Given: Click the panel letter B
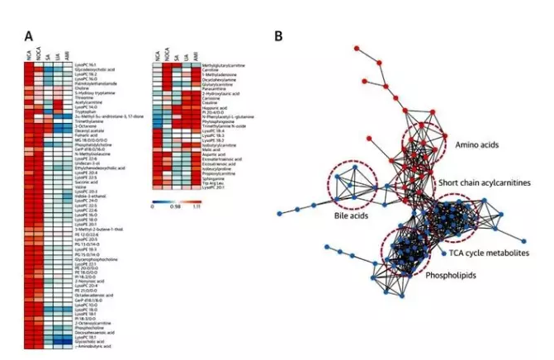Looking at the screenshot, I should (278, 36).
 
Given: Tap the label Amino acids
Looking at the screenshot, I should (471, 144).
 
